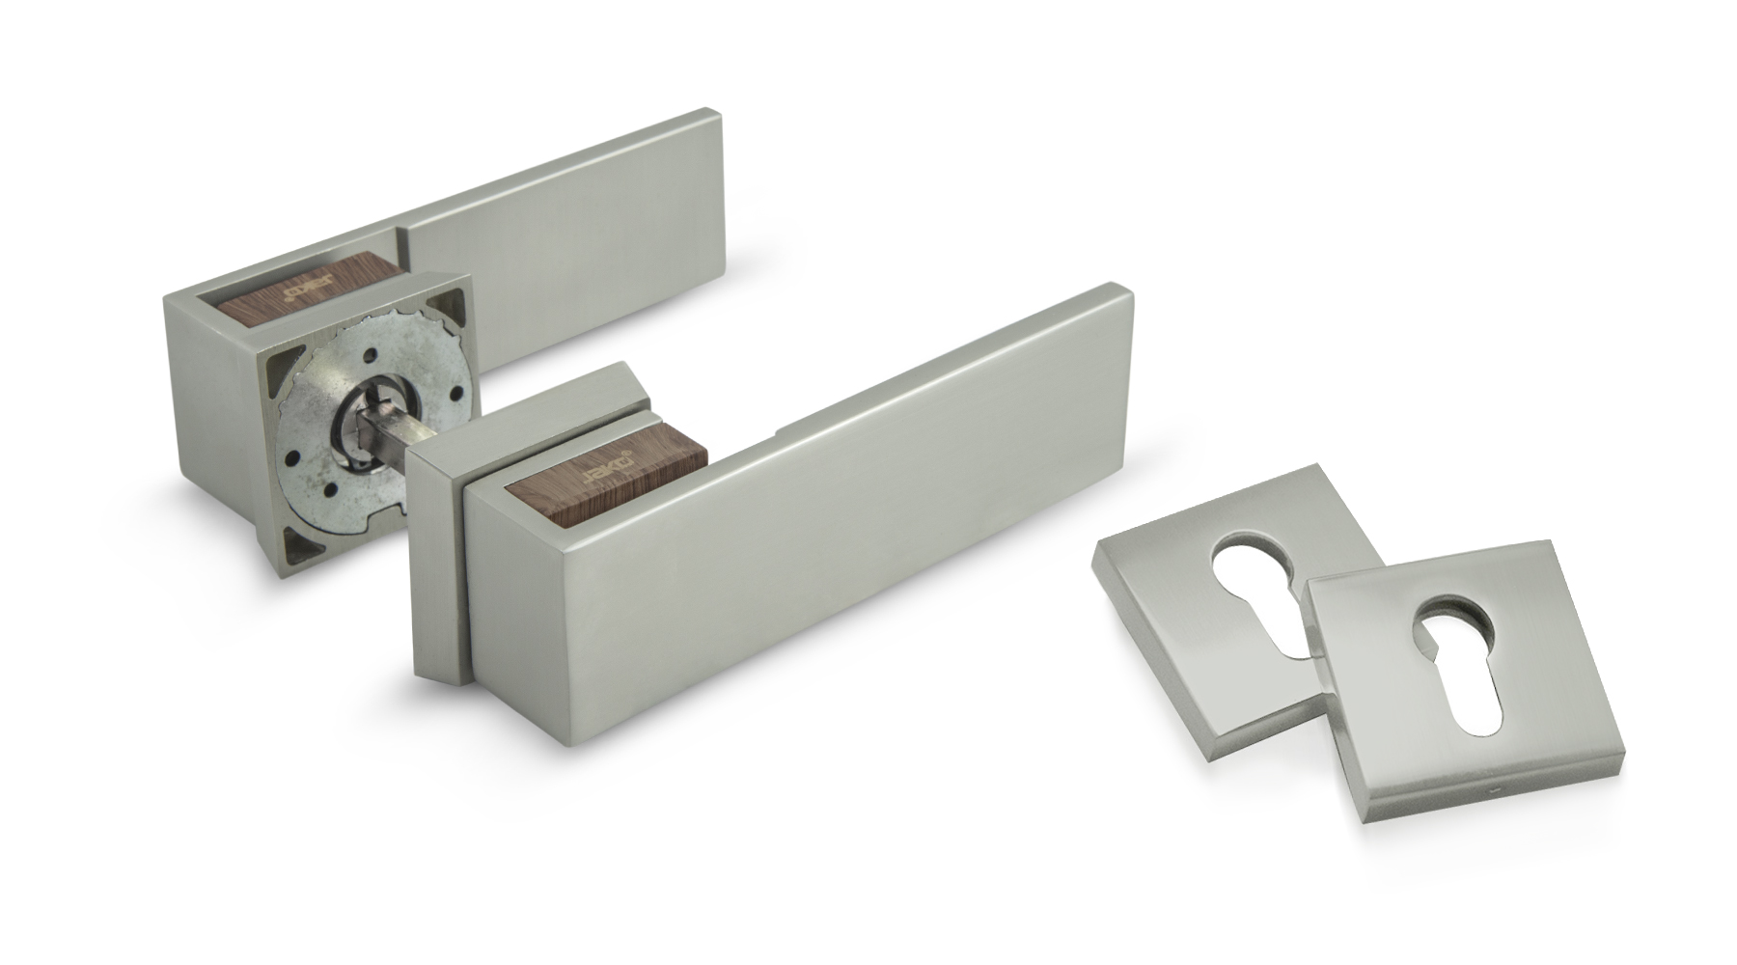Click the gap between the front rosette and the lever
[465, 579]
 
